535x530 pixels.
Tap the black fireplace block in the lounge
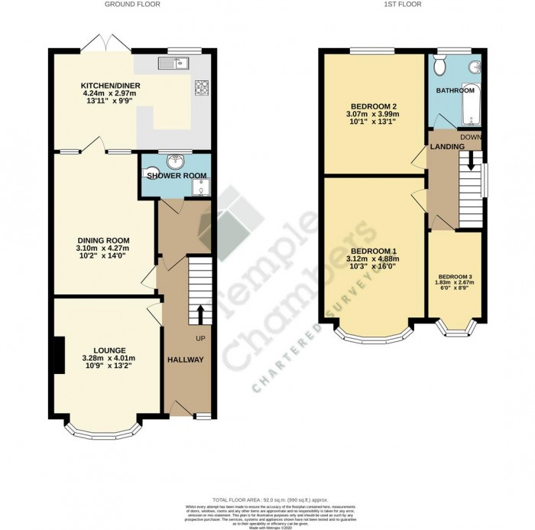(x=57, y=356)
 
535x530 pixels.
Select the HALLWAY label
(x=186, y=359)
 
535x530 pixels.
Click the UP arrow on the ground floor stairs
(x=200, y=314)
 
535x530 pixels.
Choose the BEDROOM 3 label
(x=456, y=277)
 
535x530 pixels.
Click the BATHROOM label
(x=456, y=89)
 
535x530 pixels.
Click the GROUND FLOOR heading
(x=127, y=5)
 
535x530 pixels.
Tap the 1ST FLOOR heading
(x=400, y=5)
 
